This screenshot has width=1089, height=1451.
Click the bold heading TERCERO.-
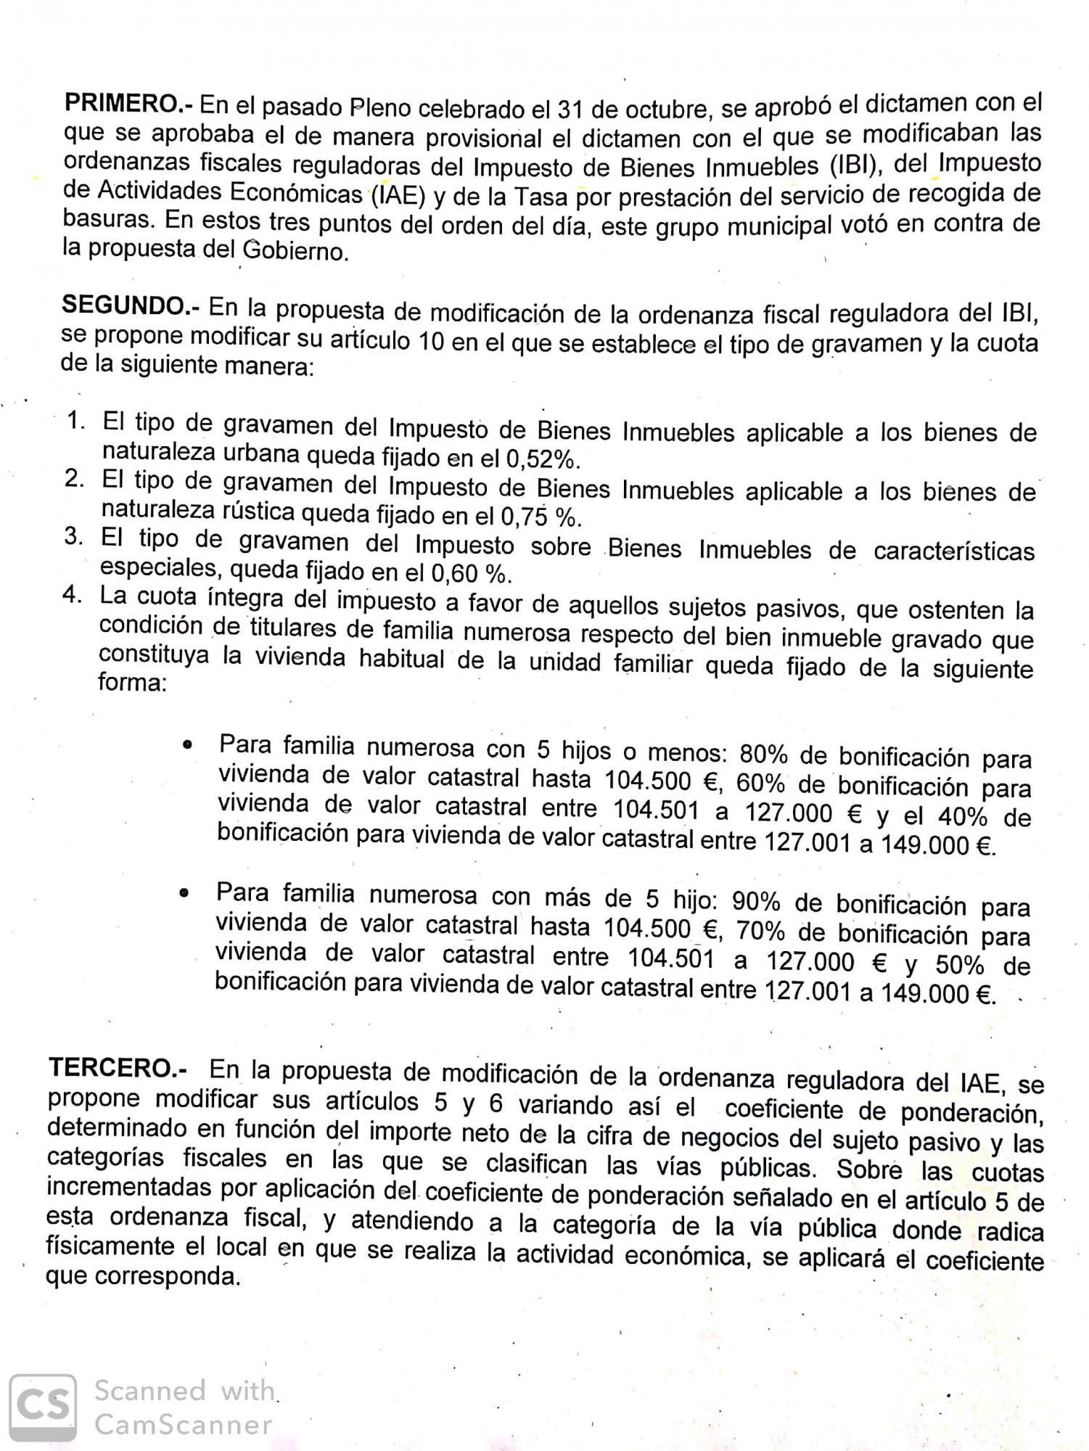click(118, 1069)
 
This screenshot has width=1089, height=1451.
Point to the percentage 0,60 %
click(472, 574)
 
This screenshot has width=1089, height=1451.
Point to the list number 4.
click(73, 595)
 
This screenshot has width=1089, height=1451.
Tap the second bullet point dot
click(186, 893)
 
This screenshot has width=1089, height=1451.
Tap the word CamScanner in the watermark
click(184, 1425)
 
